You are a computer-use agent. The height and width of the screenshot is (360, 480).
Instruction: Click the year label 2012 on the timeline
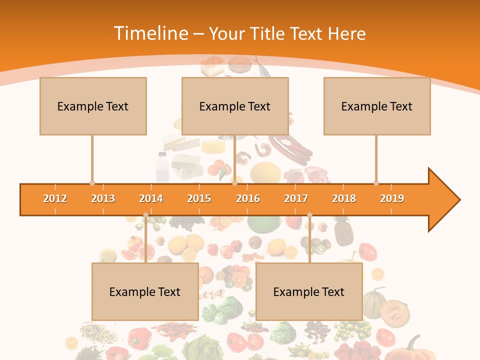tap(55, 198)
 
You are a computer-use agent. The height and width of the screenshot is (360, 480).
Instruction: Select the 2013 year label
tap(103, 198)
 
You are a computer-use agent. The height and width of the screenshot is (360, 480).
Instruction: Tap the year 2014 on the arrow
tap(151, 198)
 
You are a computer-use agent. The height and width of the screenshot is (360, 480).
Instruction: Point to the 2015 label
tap(199, 198)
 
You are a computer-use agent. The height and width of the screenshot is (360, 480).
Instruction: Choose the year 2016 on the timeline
tap(248, 198)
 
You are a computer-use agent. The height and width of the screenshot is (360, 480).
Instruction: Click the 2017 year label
tap(296, 198)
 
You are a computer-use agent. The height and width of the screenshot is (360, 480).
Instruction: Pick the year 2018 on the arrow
tap(344, 198)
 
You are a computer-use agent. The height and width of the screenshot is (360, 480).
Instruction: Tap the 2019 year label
tap(392, 198)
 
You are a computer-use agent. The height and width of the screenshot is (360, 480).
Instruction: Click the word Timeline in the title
tap(150, 33)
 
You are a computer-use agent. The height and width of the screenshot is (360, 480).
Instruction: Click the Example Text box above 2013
tap(93, 106)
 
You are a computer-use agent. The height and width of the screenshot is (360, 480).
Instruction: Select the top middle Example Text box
tap(235, 106)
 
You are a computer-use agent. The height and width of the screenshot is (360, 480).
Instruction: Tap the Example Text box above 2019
tap(377, 106)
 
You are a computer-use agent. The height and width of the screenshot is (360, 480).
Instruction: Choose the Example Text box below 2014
tap(145, 291)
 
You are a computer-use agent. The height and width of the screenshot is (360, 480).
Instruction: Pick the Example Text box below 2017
tap(309, 291)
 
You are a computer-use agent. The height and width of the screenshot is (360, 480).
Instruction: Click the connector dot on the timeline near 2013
tap(92, 183)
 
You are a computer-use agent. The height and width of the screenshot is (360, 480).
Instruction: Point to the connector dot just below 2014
tap(146, 215)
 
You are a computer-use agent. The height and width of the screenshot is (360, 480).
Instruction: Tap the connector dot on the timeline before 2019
tap(376, 183)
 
